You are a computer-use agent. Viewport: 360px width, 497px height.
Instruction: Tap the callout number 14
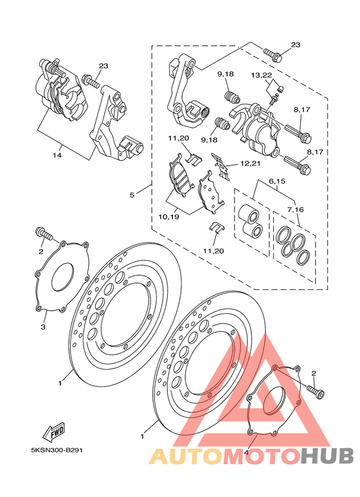click(x=57, y=155)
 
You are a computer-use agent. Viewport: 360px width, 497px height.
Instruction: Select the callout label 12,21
click(x=250, y=163)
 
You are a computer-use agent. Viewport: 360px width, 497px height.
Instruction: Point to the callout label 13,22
click(x=262, y=75)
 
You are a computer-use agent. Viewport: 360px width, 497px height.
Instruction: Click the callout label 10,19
click(x=169, y=217)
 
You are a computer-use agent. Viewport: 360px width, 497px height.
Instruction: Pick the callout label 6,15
click(x=277, y=181)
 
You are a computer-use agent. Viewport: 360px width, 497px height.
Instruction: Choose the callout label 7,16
click(x=296, y=209)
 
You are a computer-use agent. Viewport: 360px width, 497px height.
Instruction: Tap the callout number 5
click(x=132, y=195)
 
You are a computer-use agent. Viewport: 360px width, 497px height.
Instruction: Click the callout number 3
click(x=43, y=327)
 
